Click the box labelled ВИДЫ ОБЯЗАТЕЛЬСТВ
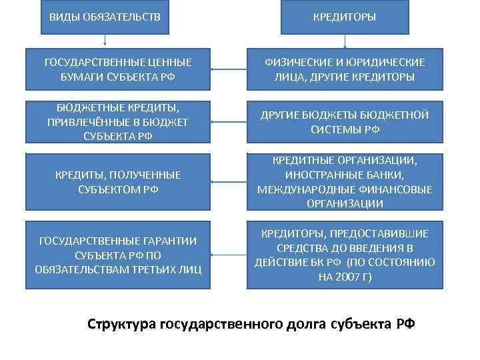105,16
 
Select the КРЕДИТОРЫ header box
345,16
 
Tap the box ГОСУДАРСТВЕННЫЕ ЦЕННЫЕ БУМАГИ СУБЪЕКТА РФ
117,69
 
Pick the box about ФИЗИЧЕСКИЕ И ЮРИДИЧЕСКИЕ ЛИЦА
344,69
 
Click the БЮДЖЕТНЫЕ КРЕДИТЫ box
117,121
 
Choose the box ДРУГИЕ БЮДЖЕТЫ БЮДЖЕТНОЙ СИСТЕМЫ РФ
344,121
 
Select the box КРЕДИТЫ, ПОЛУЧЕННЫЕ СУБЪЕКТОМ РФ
117,181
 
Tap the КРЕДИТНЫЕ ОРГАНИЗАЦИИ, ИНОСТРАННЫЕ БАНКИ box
344,181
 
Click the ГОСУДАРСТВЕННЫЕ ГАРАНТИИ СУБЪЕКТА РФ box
117,255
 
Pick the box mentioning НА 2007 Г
344,255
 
